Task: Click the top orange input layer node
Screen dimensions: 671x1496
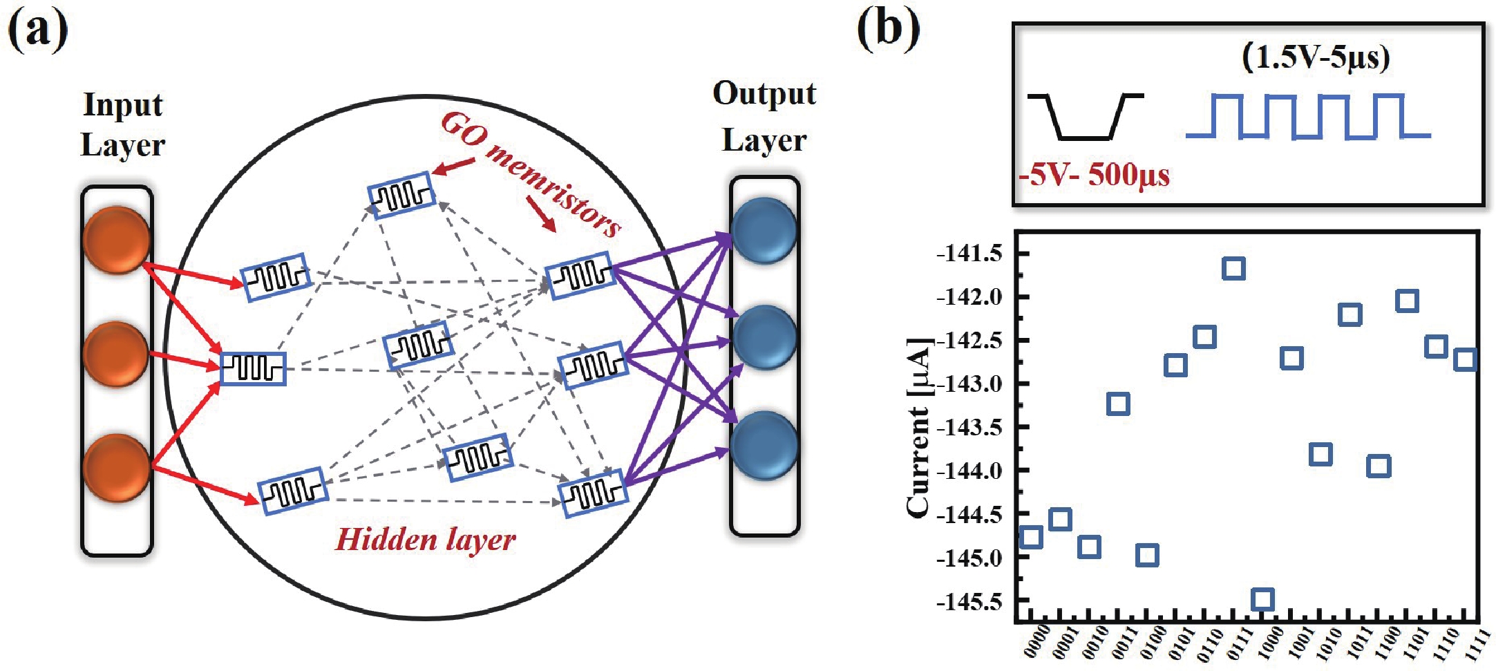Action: point(116,240)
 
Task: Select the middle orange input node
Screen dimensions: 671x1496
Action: point(115,354)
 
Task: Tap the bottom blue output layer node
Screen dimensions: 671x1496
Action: point(764,445)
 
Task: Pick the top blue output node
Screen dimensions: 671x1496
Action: point(764,230)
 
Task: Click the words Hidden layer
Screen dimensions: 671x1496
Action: point(426,540)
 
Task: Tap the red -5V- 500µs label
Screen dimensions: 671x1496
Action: point(1094,175)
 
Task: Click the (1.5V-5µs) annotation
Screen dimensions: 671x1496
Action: point(1316,57)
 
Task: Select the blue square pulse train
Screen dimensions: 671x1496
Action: point(1307,116)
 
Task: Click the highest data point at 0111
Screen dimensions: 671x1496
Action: point(1233,268)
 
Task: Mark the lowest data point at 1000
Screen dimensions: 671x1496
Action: point(1262,599)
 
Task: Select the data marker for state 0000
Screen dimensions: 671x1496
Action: point(1031,537)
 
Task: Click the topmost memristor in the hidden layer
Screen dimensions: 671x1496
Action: point(401,195)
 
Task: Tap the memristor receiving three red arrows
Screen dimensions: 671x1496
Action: point(253,368)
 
